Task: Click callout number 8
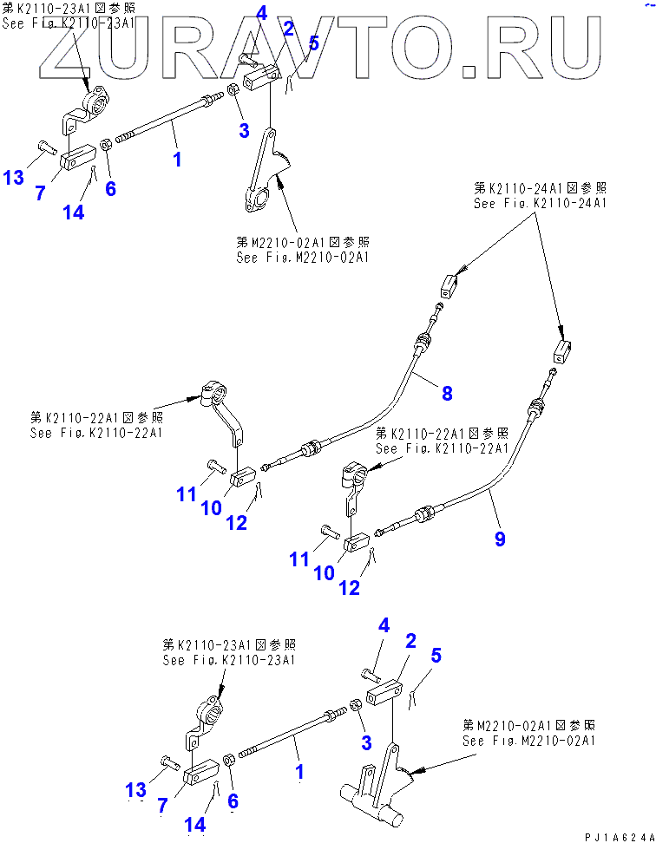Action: (447, 393)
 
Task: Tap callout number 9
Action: (500, 539)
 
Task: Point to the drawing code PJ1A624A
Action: (616, 836)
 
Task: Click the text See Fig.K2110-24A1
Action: (540, 203)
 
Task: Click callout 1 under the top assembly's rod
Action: (177, 159)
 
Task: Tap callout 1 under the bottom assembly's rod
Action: (300, 770)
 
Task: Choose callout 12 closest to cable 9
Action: (349, 588)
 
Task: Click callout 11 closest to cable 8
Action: (187, 494)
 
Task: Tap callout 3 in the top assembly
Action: (244, 130)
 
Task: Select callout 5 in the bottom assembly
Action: (436, 656)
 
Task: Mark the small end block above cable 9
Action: (561, 351)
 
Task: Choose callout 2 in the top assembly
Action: (288, 29)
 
